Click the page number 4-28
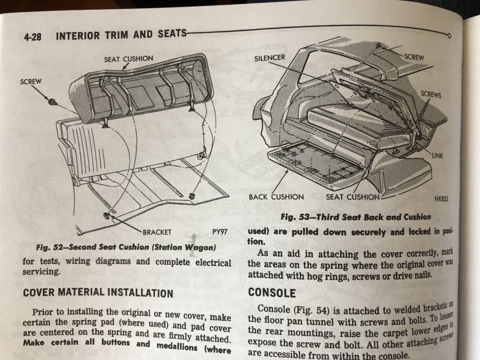(x=32, y=37)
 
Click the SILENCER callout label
(x=270, y=58)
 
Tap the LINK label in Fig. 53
(x=437, y=156)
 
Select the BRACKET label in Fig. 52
(x=157, y=232)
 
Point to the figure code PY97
(x=220, y=232)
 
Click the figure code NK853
(x=441, y=199)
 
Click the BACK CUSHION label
(x=276, y=197)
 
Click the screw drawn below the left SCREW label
(x=53, y=102)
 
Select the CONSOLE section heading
(x=272, y=292)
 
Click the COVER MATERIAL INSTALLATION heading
(x=98, y=292)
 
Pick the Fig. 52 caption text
(x=126, y=247)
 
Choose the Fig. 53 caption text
(x=356, y=217)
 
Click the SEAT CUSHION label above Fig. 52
(x=128, y=59)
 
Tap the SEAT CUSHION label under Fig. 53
(x=352, y=197)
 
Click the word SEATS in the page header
(x=172, y=33)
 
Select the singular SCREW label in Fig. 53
(x=414, y=57)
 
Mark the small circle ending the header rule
(x=449, y=36)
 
